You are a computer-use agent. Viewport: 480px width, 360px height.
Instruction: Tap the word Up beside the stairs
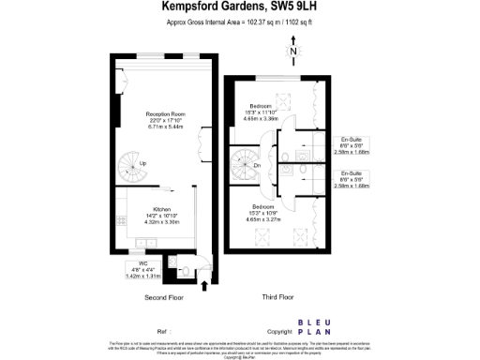click(x=142, y=164)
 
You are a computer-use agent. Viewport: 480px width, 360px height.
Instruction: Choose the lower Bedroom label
click(x=263, y=205)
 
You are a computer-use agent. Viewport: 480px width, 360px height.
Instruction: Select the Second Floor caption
click(x=162, y=297)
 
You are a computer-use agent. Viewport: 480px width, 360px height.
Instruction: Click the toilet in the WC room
click(x=186, y=271)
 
